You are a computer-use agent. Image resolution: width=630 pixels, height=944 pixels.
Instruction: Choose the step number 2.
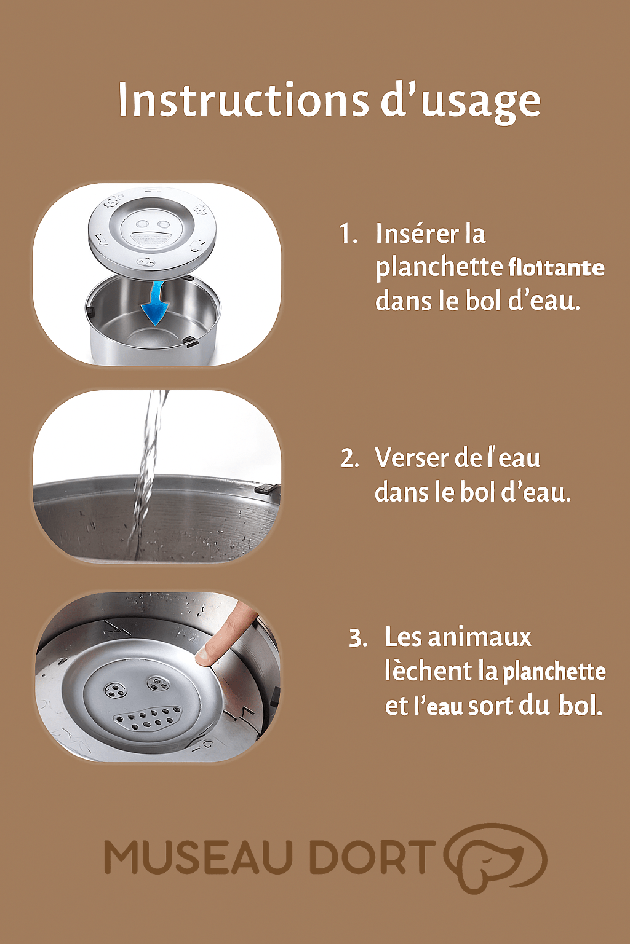pyautogui.click(x=349, y=458)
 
